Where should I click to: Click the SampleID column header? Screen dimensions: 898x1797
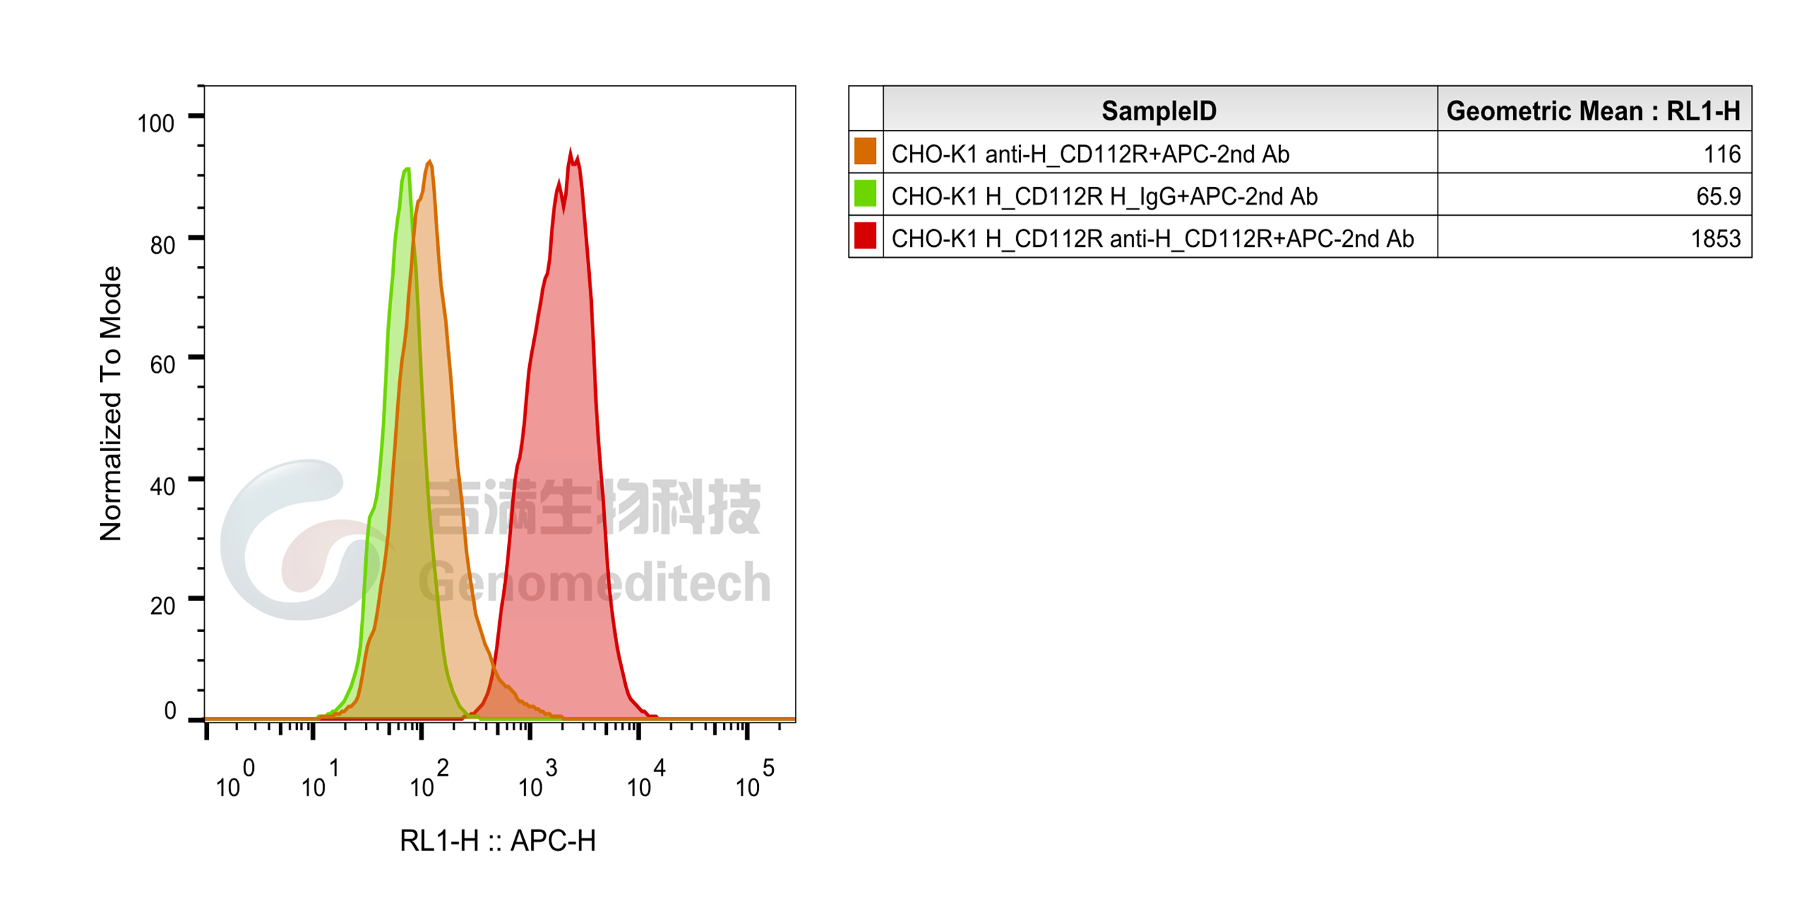tap(1159, 110)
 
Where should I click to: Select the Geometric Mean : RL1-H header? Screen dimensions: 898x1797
tap(1593, 110)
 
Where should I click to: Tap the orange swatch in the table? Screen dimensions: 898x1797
tap(865, 152)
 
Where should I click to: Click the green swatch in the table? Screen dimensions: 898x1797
tap(865, 194)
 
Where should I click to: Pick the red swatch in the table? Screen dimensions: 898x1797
tap(865, 236)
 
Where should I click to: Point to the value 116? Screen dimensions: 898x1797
tap(1721, 154)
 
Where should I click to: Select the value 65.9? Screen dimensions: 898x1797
tap(1718, 197)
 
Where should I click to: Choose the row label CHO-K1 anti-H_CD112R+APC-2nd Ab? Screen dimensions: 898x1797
tap(1090, 154)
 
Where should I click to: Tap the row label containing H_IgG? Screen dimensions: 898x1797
tap(1104, 197)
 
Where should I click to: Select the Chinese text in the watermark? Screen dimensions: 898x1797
tap(593, 507)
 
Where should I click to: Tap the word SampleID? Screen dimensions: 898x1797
tap(1159, 110)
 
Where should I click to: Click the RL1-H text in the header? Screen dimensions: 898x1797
tap(1703, 110)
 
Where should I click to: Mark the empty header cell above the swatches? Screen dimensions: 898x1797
tap(866, 109)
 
